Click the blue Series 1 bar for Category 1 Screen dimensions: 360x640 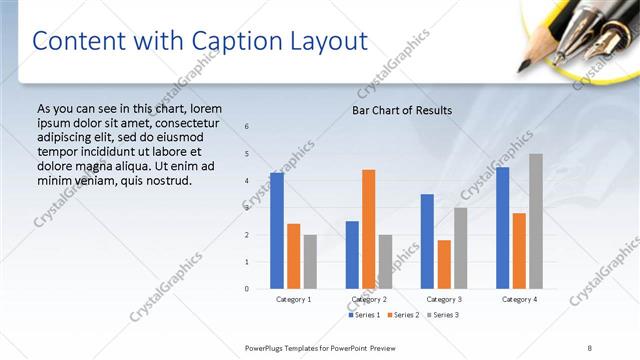click(277, 231)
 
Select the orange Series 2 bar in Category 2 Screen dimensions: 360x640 click(369, 229)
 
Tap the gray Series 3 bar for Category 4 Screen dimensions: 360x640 click(536, 221)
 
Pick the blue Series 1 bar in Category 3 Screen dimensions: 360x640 click(427, 241)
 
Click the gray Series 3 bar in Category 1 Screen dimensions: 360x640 click(310, 262)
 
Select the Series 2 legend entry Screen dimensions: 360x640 click(403, 315)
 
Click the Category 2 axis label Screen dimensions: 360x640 click(369, 299)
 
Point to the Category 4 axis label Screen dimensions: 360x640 click(519, 299)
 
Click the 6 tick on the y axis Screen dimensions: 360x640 click(247, 126)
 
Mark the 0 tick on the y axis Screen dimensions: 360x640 click(247, 289)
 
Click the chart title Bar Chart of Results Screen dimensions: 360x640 click(402, 110)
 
